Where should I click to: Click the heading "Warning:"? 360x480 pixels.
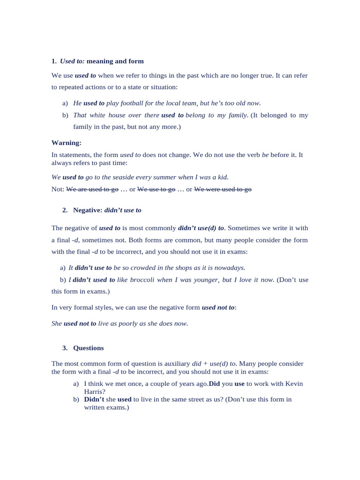[x=66, y=142]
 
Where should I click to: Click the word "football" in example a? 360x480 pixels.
[x=133, y=103]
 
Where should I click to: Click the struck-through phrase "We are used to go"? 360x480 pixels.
[x=92, y=189]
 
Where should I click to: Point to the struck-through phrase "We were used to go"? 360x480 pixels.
[x=223, y=189]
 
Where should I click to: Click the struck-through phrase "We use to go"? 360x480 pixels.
[x=156, y=189]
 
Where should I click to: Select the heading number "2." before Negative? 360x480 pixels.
[x=65, y=210]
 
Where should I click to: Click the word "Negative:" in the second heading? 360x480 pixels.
[x=88, y=210]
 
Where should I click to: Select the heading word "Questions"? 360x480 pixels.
[x=89, y=348]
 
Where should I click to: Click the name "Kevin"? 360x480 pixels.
[x=294, y=383]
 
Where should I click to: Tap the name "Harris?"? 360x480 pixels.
[x=95, y=391]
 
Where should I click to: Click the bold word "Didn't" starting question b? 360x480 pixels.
[x=94, y=399]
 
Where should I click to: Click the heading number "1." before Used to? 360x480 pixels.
[x=54, y=61]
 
